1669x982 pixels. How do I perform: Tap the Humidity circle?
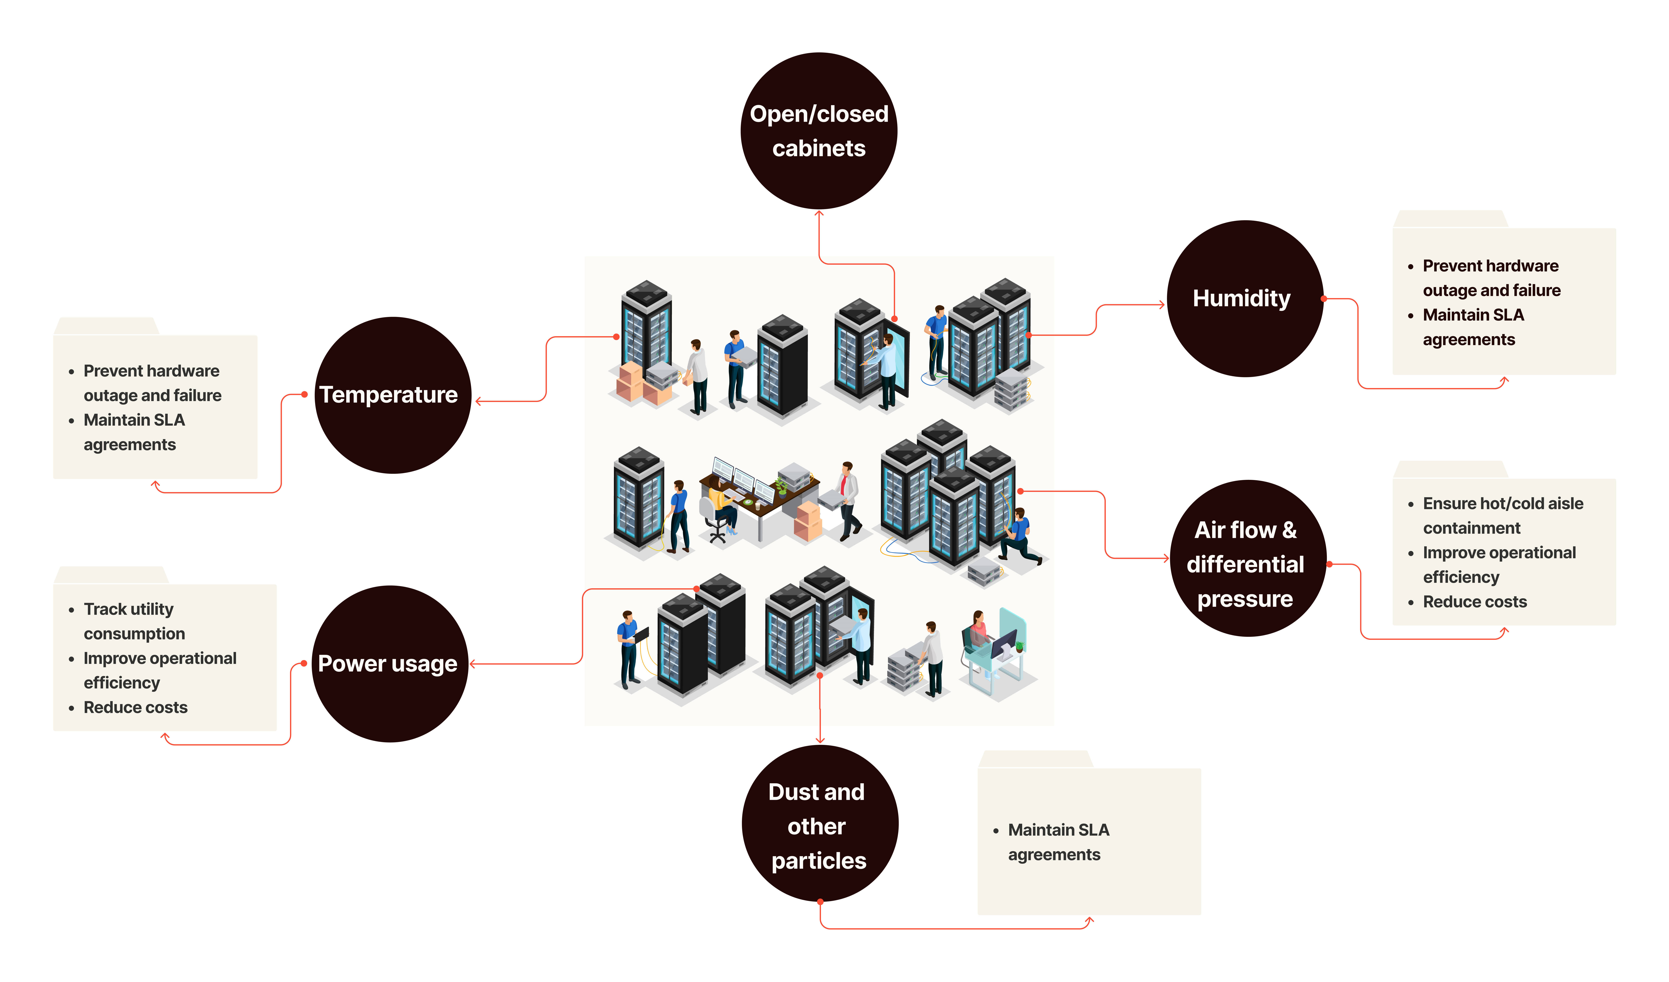click(x=1245, y=299)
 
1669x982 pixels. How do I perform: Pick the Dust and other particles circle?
click(x=820, y=824)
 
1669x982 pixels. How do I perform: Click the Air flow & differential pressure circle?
click(x=1249, y=559)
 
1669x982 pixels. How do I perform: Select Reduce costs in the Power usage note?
click(x=136, y=708)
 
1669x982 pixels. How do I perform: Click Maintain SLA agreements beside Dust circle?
click(x=1058, y=842)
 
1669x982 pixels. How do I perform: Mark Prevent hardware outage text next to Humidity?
click(x=1491, y=278)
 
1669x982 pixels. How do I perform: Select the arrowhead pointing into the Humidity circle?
click(x=1162, y=305)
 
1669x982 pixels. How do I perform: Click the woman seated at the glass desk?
click(x=977, y=633)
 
